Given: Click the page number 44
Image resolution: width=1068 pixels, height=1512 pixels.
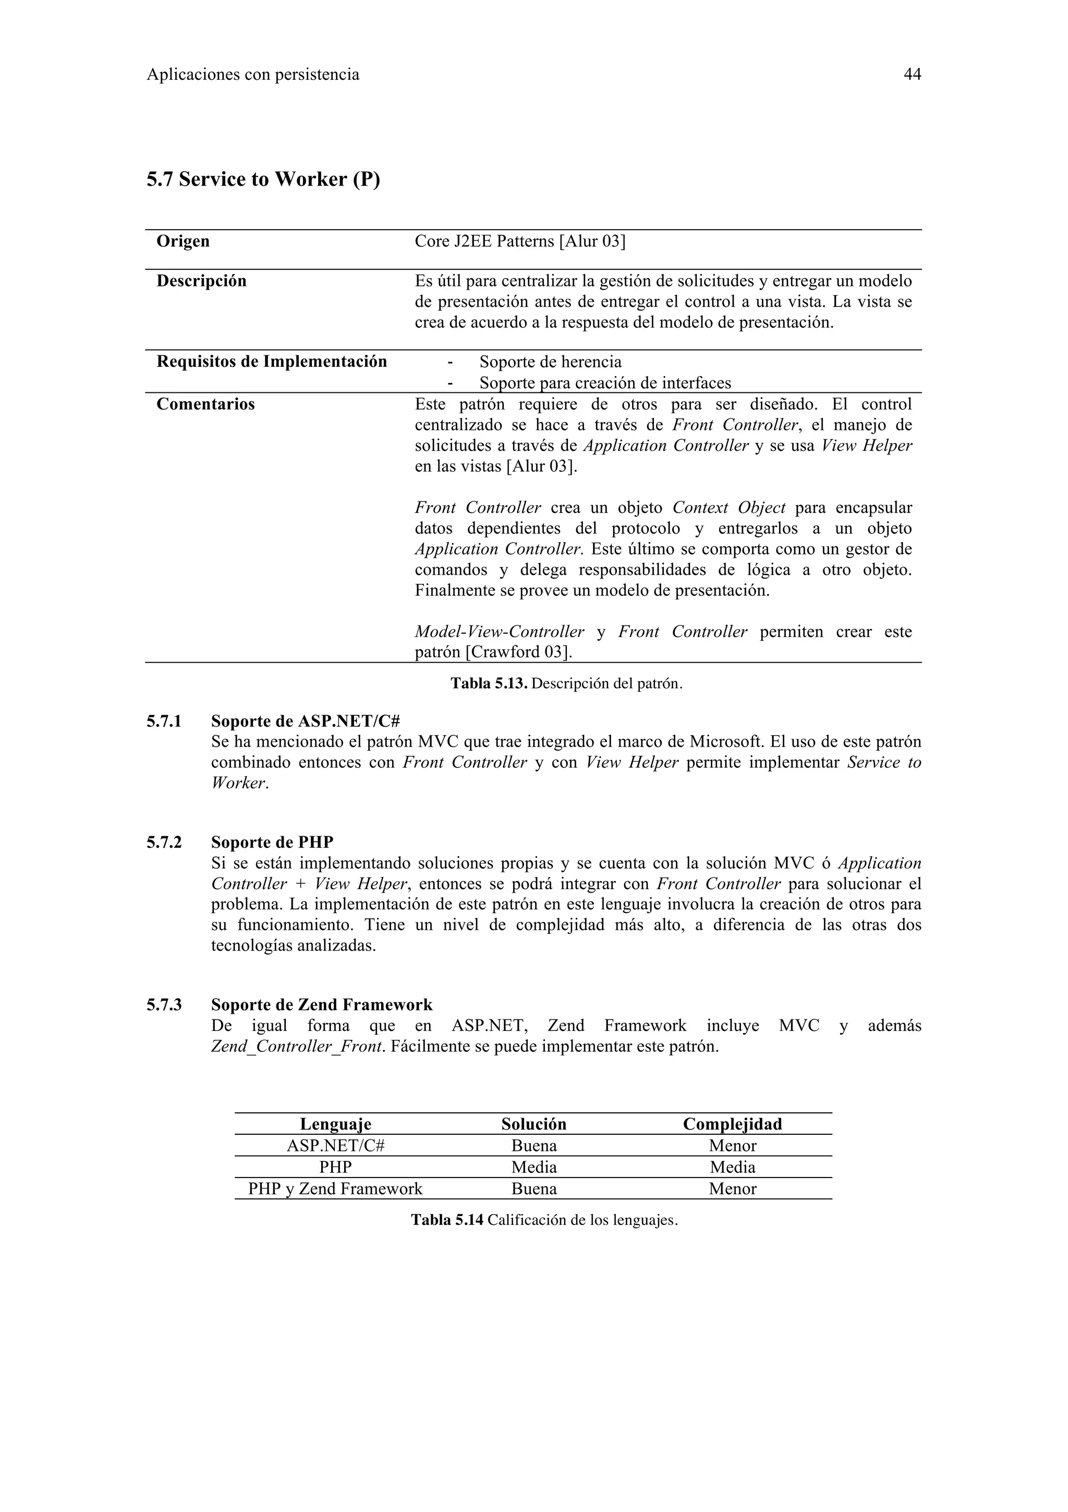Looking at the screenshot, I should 912,75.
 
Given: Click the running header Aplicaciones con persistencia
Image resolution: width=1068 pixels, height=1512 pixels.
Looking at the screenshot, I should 253,75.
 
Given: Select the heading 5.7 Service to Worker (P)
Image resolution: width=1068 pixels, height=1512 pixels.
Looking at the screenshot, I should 263,179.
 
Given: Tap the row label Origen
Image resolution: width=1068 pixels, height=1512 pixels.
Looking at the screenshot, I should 183,241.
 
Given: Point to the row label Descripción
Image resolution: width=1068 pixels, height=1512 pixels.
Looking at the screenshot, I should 201,281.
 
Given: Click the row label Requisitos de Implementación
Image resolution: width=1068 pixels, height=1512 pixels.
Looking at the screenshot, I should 271,362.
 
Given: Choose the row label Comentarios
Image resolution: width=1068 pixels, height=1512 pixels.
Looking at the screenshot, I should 205,404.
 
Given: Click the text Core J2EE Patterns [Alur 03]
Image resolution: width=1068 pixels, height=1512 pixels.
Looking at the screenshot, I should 520,242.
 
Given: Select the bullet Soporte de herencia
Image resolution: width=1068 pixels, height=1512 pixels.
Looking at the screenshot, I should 550,362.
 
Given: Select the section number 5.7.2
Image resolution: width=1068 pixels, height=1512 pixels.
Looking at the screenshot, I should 164,842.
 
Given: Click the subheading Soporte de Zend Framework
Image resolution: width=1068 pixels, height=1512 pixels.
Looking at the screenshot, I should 322,1005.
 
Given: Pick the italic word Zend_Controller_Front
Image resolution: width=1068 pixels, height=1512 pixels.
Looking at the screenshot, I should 297,1047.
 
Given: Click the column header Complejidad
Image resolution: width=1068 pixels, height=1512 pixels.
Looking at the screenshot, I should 732,1124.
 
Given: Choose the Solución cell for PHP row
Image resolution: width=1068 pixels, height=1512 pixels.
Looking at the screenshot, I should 533,1168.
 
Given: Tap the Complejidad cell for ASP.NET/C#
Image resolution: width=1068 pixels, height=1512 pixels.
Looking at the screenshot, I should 732,1146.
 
